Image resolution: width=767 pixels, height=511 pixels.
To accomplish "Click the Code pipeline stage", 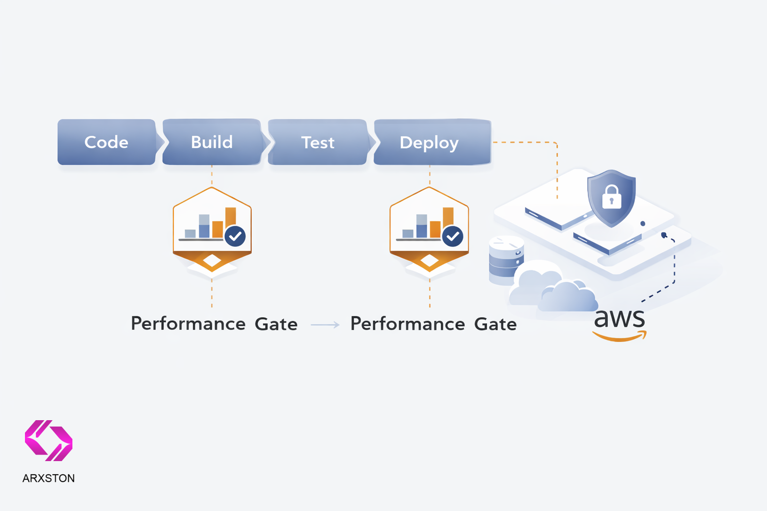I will point(106,142).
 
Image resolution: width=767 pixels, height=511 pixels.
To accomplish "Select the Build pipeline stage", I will point(212,142).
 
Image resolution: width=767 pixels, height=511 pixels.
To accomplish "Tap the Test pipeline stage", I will point(318,142).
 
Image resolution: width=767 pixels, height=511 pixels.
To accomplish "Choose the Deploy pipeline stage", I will point(429,142).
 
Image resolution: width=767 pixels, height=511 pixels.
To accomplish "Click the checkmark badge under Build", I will point(235,236).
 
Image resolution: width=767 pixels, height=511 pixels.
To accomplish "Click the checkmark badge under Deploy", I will point(453,236).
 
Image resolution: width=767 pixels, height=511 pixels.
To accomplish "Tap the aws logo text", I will point(619,318).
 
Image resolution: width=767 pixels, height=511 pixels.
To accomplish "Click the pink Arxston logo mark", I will point(48,441).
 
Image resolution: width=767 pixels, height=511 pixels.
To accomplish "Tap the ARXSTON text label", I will point(48,478).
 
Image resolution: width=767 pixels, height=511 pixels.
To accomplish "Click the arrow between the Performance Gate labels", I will point(325,325).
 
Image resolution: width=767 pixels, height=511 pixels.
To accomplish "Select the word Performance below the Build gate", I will point(188,324).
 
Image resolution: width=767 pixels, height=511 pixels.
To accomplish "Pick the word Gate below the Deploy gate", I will point(495,324).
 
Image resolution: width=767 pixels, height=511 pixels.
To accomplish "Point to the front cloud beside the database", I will point(569,297).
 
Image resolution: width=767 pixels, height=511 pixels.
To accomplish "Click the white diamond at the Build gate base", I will point(212,260).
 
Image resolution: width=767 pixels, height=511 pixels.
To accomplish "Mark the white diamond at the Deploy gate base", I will point(429,260).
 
